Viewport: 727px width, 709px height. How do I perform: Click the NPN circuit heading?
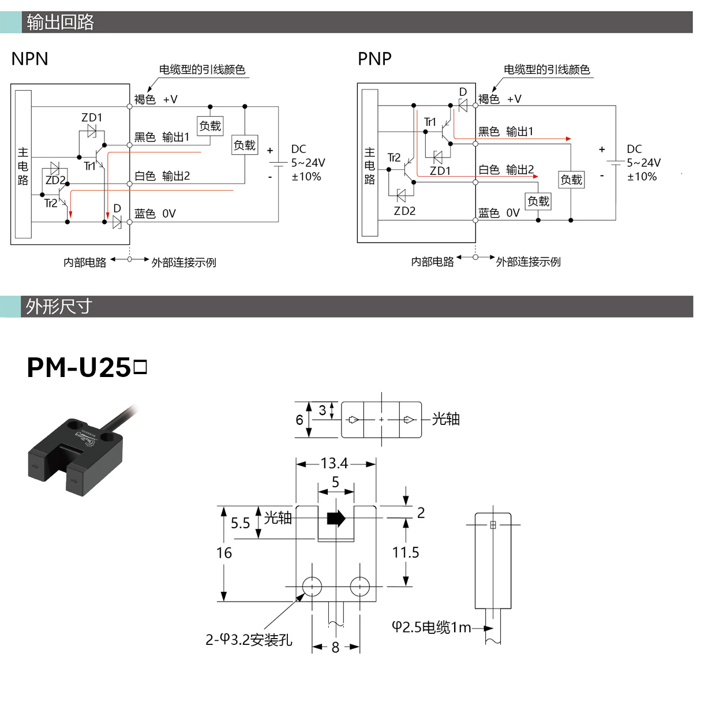point(29,59)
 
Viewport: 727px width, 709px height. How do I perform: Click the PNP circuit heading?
point(374,59)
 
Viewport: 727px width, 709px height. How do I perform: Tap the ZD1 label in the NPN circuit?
point(92,117)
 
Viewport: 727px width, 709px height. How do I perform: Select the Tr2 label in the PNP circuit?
point(394,158)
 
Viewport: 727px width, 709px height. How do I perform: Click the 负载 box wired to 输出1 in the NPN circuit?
point(210,126)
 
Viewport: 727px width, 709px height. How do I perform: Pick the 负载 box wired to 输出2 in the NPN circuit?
point(245,145)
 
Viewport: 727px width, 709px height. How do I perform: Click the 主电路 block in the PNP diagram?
point(370,163)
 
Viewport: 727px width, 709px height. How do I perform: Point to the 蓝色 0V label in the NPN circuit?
point(155,214)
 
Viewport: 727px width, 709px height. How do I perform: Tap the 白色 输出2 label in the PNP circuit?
point(506,170)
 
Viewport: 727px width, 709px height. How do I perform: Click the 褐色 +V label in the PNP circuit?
point(500,99)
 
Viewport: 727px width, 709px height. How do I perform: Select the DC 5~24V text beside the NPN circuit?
point(308,156)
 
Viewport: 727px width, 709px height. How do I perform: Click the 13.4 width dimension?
point(334,464)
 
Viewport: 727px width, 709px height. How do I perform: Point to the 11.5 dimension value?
point(406,552)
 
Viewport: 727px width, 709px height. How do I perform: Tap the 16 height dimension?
point(224,553)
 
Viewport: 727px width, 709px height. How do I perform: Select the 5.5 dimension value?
point(240,523)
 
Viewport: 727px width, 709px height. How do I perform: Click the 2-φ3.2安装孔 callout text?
point(249,640)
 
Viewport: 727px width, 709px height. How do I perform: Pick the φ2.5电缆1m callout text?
point(432,627)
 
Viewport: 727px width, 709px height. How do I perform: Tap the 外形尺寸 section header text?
point(59,307)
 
